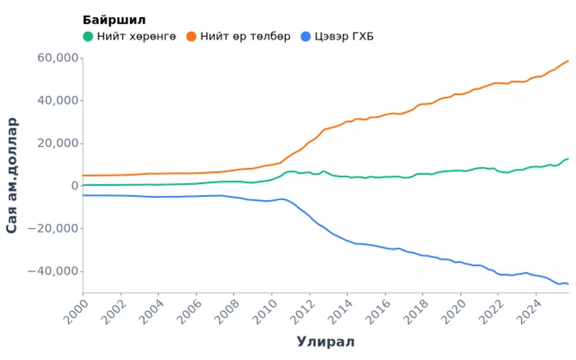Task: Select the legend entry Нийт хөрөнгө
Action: (136, 37)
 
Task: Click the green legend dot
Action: (88, 37)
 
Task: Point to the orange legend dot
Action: (192, 37)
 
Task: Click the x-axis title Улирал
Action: (325, 341)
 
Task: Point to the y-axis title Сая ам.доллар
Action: (12, 175)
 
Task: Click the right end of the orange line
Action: (569, 60)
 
